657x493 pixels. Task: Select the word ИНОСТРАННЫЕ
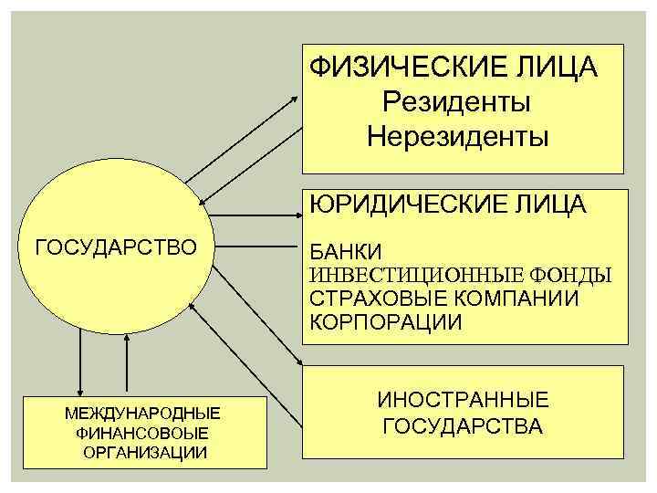point(464,399)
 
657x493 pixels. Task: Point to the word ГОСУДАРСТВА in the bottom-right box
point(464,426)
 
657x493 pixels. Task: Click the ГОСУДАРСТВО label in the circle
point(115,246)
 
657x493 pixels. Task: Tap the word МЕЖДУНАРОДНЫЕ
point(142,413)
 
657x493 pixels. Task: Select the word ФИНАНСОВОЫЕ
point(142,432)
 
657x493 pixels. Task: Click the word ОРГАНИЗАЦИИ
point(142,452)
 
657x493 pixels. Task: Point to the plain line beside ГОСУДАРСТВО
point(258,246)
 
